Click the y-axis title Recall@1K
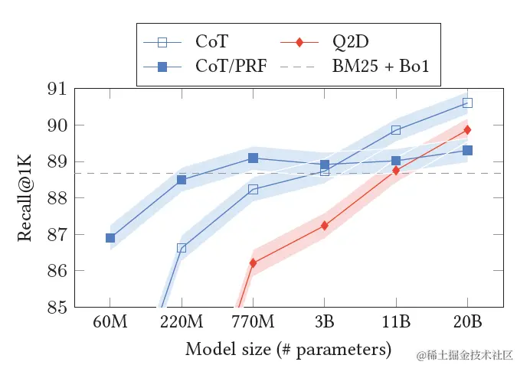click(25, 198)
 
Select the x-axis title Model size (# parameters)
click(288, 350)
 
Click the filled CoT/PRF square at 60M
click(110, 238)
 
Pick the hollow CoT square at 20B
click(468, 103)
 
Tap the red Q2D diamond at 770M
click(254, 263)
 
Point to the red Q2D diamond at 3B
click(325, 226)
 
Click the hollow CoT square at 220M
click(182, 248)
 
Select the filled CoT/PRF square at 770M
click(254, 158)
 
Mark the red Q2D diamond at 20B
click(468, 130)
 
